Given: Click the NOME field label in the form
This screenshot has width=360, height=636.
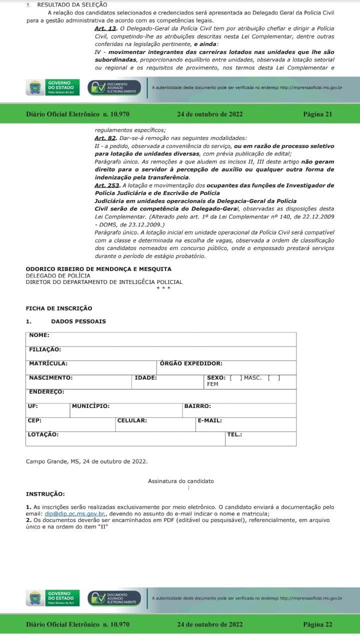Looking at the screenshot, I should pyautogui.click(x=39, y=335).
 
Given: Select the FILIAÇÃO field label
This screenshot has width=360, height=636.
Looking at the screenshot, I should pyautogui.click(x=45, y=349).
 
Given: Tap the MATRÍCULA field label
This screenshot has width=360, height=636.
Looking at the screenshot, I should pyautogui.click(x=48, y=363).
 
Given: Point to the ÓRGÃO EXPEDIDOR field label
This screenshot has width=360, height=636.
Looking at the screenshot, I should pyautogui.click(x=191, y=363).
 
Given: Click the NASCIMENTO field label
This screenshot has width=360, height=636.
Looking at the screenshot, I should pyautogui.click(x=50, y=378).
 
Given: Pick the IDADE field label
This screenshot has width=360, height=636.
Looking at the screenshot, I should pyautogui.click(x=145, y=378).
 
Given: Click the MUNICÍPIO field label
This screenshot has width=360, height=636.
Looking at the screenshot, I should pyautogui.click(x=90, y=406).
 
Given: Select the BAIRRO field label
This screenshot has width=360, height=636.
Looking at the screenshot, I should pyautogui.click(x=197, y=406).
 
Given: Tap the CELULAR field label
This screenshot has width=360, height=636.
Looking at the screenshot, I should pyautogui.click(x=132, y=420).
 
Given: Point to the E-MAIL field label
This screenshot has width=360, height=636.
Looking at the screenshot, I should pyautogui.click(x=210, y=420).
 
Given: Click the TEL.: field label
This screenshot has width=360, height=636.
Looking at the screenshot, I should pyautogui.click(x=234, y=434).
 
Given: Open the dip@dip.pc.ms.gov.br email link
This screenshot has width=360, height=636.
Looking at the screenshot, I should pyautogui.click(x=74, y=513).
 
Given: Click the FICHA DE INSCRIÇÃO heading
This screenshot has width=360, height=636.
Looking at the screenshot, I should pyautogui.click(x=59, y=308).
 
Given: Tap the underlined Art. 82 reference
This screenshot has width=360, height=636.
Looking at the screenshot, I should pyautogui.click(x=105, y=138).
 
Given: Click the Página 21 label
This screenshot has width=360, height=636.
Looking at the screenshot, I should pyautogui.click(x=317, y=114).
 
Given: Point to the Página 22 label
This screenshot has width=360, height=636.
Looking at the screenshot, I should pyautogui.click(x=317, y=624).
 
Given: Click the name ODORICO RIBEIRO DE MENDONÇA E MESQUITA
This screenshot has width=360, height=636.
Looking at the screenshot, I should pyautogui.click(x=98, y=269).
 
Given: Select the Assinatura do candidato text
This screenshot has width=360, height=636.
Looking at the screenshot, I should pyautogui.click(x=180, y=481).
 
